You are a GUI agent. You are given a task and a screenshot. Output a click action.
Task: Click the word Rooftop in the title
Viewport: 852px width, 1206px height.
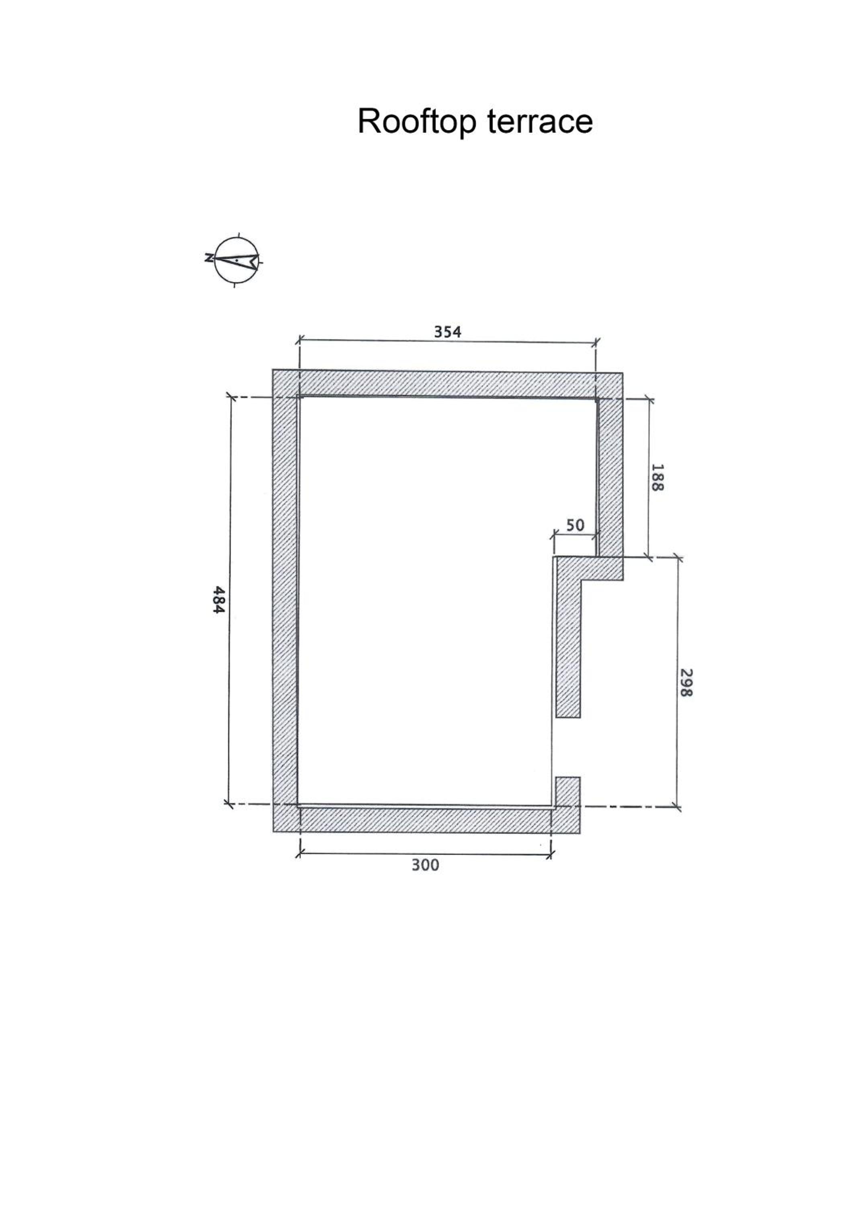point(417,121)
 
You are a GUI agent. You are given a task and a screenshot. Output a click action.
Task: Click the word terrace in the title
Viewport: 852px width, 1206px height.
point(540,121)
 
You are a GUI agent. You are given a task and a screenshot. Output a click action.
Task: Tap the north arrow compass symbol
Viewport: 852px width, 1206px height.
point(237,259)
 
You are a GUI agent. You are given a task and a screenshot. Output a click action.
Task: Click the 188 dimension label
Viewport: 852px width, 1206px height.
point(657,477)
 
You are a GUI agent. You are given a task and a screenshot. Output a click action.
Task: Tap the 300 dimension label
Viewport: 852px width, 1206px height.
point(425,865)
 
